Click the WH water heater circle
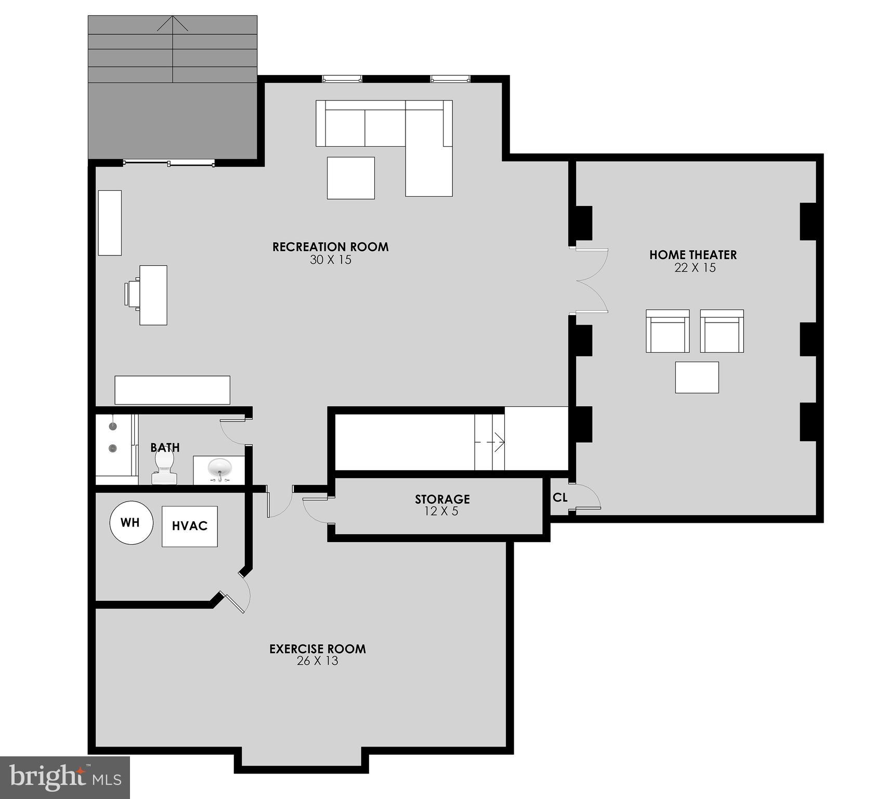click(131, 522)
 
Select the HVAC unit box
click(189, 526)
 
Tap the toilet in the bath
click(164, 467)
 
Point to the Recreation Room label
click(330, 247)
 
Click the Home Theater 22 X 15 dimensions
click(694, 268)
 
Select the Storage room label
click(442, 499)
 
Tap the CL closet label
click(560, 498)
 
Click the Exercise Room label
click(317, 649)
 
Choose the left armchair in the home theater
click(668, 331)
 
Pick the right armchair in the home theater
click(722, 331)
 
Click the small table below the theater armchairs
click(697, 377)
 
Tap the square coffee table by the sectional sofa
click(350, 178)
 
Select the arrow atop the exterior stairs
click(172, 23)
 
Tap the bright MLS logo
click(64, 777)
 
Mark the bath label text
click(165, 447)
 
